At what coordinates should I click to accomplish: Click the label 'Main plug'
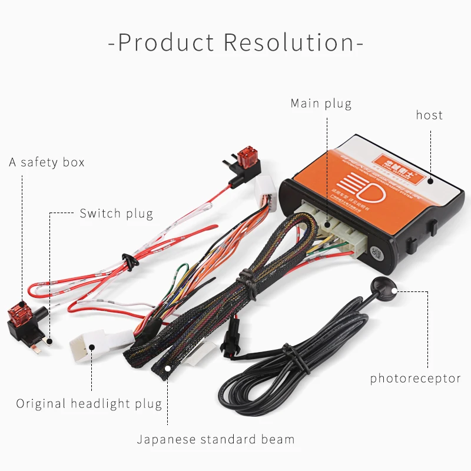(321, 104)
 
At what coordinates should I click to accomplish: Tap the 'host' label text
(429, 115)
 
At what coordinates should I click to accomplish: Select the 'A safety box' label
(47, 162)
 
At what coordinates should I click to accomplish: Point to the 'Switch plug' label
(116, 214)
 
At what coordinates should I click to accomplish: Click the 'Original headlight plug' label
(89, 404)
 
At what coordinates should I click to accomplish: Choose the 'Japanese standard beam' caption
(215, 439)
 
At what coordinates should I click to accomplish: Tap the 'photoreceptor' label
(415, 379)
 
